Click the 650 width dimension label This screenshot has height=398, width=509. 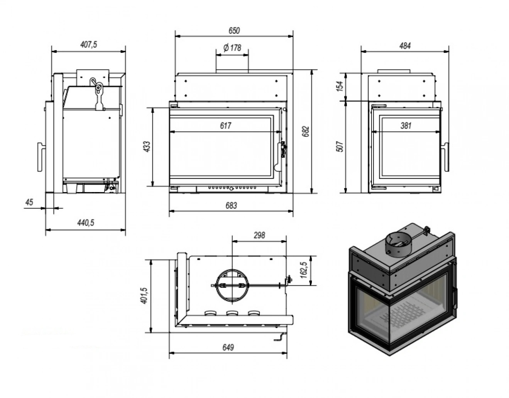pos(234,31)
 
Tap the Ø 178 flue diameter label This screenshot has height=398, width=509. pos(232,48)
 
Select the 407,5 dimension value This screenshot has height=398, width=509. pos(88,44)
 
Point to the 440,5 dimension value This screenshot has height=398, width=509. pos(86,222)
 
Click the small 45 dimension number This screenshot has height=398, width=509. pos(29,202)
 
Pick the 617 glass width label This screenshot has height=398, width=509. pos(225,126)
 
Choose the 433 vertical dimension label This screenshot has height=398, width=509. pos(147,146)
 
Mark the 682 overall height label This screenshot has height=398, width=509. pos(306,132)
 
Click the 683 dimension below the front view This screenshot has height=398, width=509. pos(231,206)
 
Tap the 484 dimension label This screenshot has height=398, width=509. pos(405,46)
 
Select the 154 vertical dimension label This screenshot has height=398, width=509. pos(340,86)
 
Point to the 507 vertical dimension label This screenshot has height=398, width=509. pos(340,146)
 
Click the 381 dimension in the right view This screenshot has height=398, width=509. pos(406,126)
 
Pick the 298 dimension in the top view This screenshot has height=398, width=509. pos(259,235)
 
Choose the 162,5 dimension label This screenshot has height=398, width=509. pos(304,270)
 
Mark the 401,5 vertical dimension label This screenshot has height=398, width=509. pos(144,296)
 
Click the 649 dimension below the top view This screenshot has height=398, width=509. pos(228,347)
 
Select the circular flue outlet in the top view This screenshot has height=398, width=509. pos(232,286)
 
